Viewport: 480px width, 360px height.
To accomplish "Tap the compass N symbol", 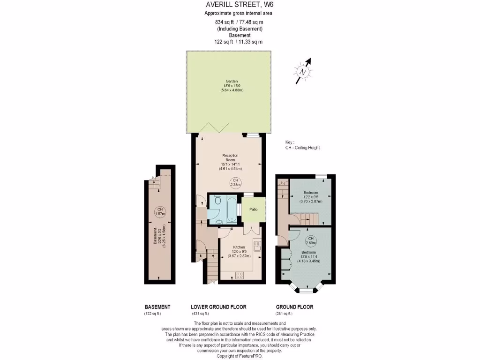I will (x=303, y=72).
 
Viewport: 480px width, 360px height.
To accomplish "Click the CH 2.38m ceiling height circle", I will (x=235, y=182).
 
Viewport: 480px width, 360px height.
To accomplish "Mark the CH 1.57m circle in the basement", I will (x=160, y=212).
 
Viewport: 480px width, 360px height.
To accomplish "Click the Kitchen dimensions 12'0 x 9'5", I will (x=240, y=252).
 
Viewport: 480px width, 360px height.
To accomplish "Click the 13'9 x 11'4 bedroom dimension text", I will (x=308, y=256).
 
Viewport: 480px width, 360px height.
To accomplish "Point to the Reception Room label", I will (x=230, y=157).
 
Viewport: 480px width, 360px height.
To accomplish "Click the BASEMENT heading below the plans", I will (x=157, y=307).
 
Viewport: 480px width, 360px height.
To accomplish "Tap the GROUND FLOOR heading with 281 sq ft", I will (x=294, y=307).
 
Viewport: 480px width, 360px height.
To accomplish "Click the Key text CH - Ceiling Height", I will (x=302, y=148).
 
